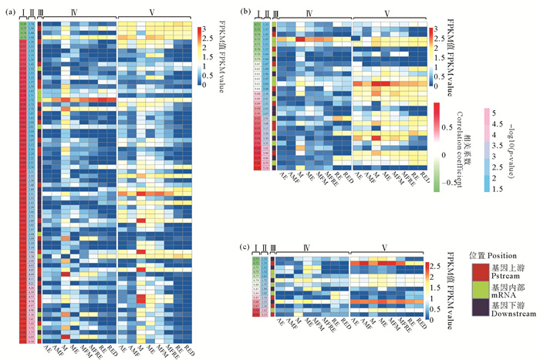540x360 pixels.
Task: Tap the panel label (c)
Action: (x=245, y=248)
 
